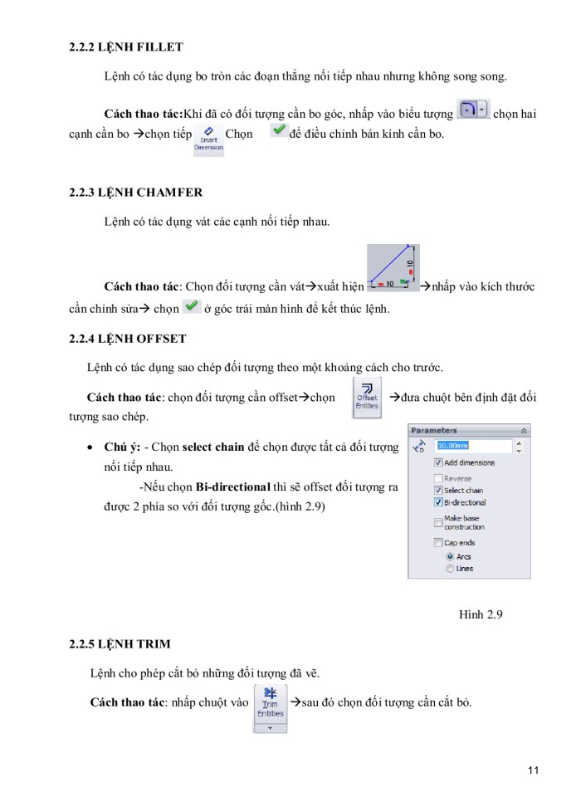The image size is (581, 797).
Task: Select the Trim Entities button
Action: [270, 706]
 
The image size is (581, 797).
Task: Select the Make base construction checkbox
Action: [439, 522]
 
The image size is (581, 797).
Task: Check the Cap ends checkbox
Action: [439, 542]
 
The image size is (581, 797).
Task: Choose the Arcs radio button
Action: [451, 556]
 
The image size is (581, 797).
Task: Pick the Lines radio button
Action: [451, 569]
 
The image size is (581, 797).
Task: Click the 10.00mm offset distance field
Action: [473, 446]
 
